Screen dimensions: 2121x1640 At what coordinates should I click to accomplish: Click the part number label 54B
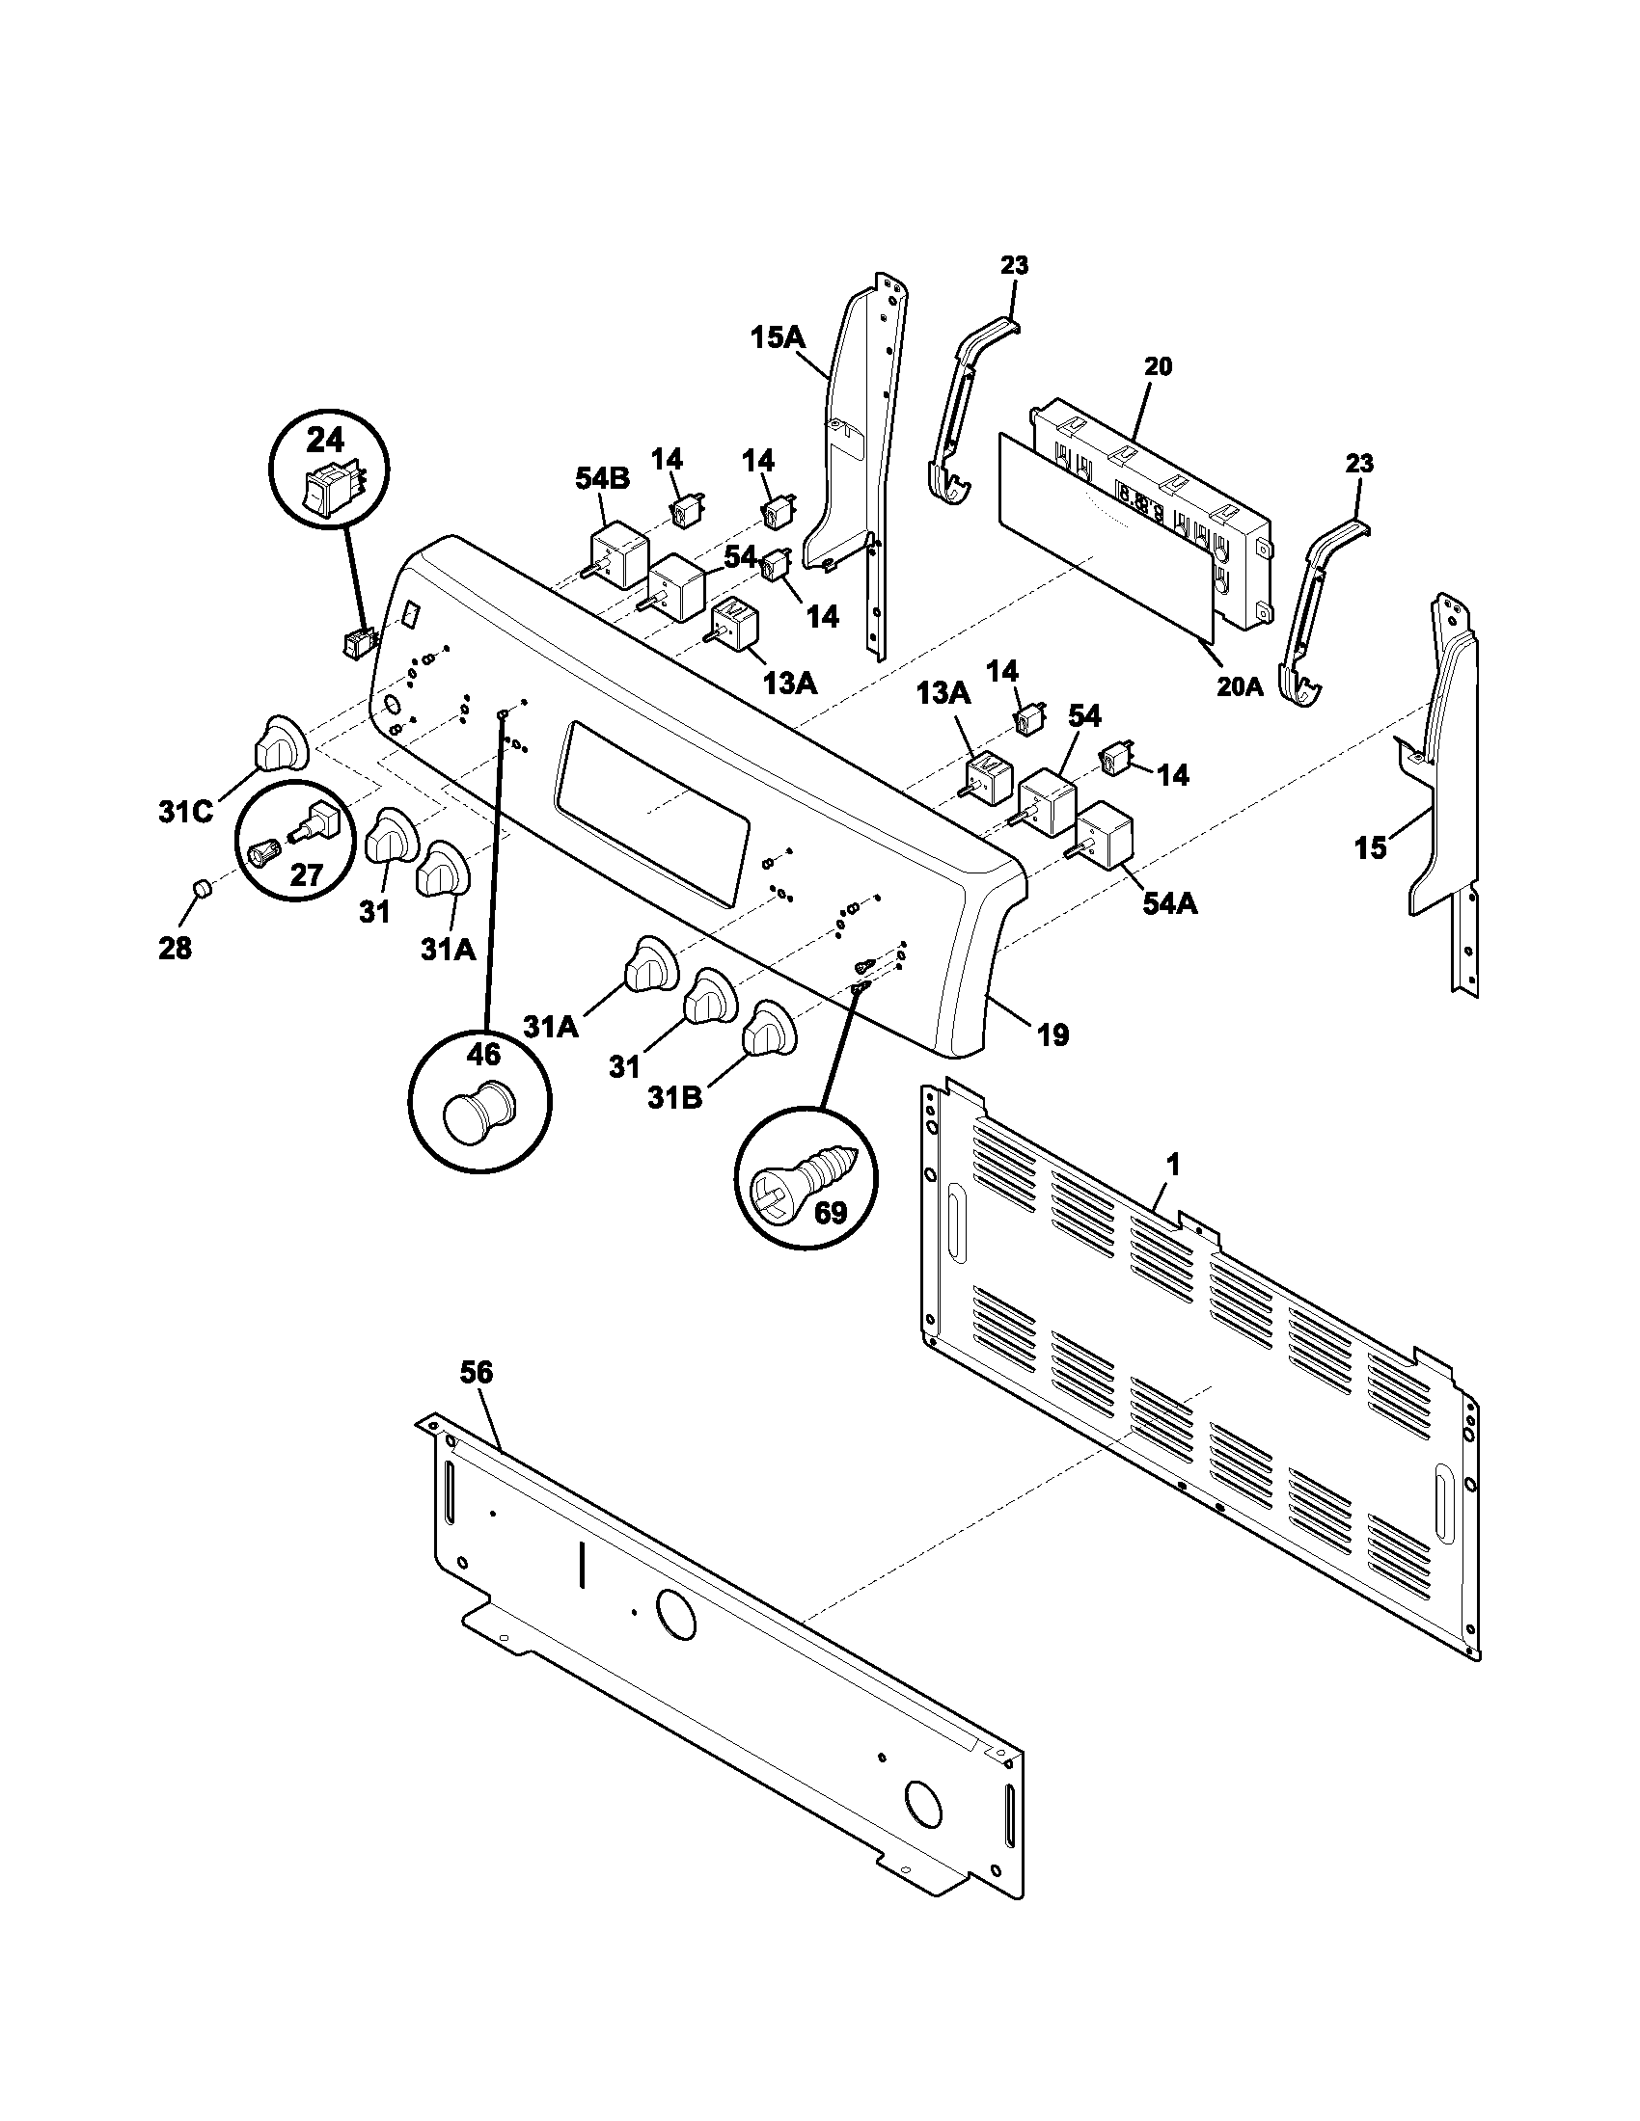[602, 478]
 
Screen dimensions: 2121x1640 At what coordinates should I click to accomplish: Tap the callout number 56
[477, 1372]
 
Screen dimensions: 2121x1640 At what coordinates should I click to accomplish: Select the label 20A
[1239, 686]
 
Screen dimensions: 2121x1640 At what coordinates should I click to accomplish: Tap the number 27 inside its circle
[306, 875]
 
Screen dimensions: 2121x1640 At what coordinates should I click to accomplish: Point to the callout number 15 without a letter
[1371, 847]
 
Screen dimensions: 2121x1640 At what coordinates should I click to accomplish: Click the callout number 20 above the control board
[1157, 367]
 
